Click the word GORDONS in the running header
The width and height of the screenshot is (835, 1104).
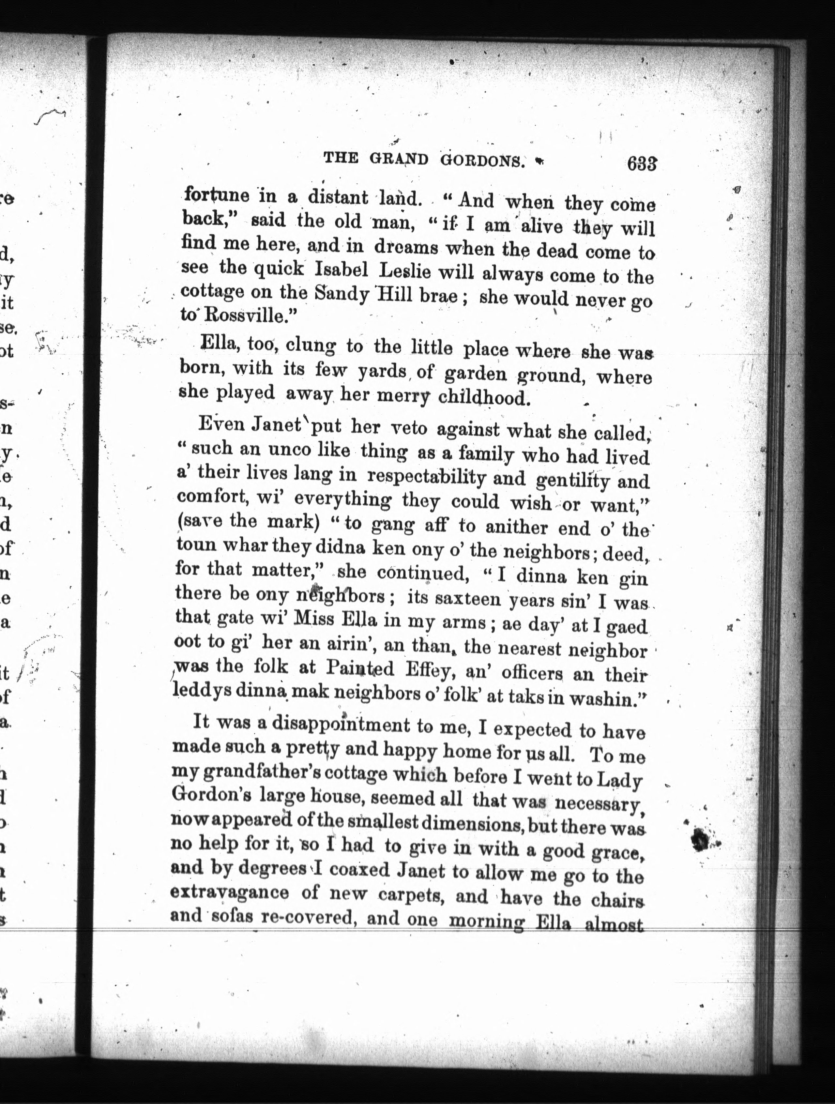[x=483, y=160]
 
